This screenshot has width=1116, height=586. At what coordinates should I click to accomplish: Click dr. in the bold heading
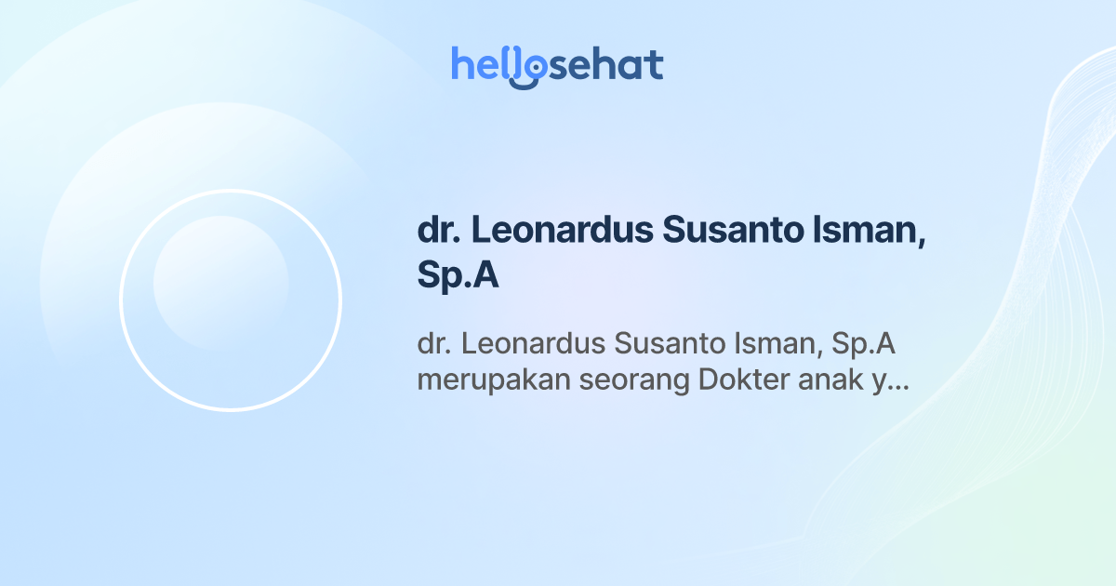[434, 232]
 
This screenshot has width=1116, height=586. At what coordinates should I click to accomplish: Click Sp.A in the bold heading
[458, 277]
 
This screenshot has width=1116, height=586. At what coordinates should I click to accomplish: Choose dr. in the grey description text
[433, 345]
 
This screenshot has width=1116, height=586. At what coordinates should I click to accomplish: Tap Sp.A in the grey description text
[866, 345]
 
